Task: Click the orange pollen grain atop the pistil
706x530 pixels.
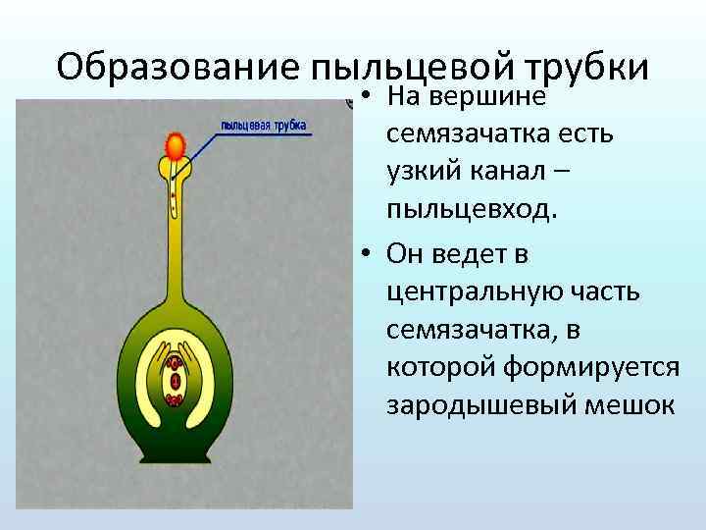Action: point(176,146)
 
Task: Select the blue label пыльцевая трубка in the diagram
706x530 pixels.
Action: point(264,126)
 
